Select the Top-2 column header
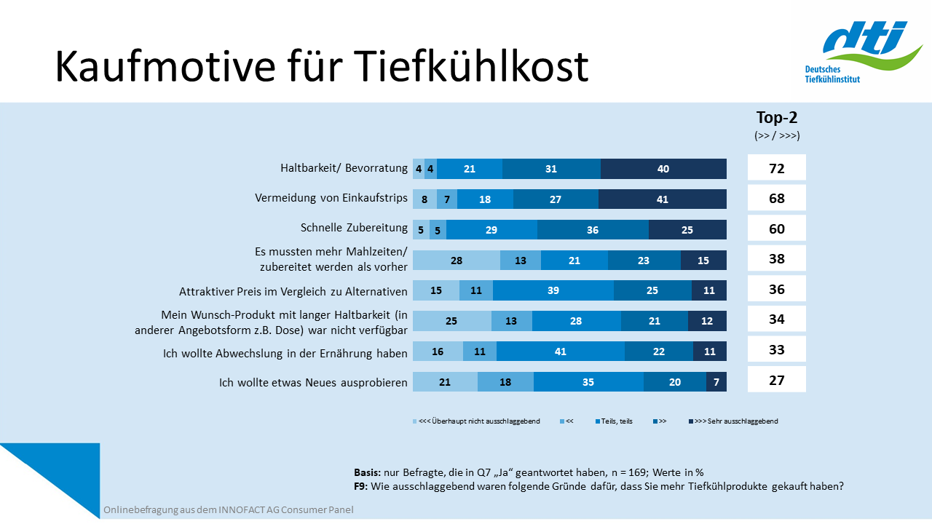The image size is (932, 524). point(776,118)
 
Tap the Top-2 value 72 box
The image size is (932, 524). point(777,168)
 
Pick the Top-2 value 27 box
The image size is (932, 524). point(777,379)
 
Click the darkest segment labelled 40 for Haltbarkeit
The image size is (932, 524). point(663,169)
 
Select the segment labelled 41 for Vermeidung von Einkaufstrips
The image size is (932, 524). point(662,199)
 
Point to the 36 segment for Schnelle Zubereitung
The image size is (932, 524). point(593,229)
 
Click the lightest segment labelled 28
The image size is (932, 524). point(457,261)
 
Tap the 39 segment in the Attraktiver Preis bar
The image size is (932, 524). point(553,290)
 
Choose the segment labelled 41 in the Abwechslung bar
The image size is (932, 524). point(560,352)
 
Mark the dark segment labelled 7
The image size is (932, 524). point(716,382)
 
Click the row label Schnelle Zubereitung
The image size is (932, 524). point(354,229)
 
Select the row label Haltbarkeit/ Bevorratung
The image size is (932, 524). point(344,168)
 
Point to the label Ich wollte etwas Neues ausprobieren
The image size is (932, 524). point(313,381)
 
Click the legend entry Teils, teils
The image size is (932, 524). point(616,421)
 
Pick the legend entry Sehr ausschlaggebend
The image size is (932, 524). point(735,421)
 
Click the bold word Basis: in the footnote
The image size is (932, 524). point(366,472)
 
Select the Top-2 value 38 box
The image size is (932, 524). point(777,258)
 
